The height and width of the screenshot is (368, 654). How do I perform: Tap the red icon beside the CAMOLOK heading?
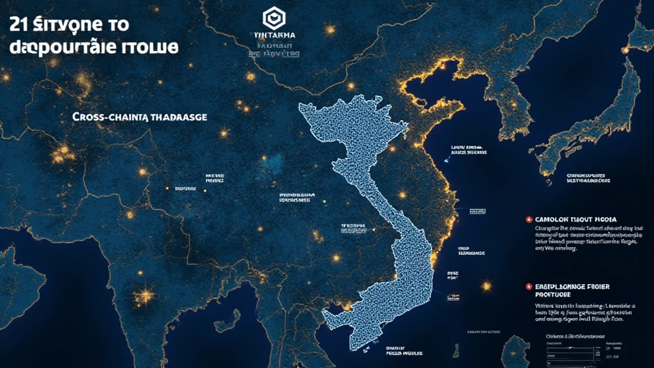[x=528, y=218]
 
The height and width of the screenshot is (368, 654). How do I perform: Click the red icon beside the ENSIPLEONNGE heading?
[x=528, y=287]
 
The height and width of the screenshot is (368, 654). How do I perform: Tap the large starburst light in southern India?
[x=145, y=295]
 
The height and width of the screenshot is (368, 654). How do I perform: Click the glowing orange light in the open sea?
[x=487, y=286]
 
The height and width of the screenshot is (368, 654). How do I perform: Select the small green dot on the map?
[x=324, y=201]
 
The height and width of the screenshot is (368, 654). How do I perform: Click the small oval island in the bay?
[x=455, y=350]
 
